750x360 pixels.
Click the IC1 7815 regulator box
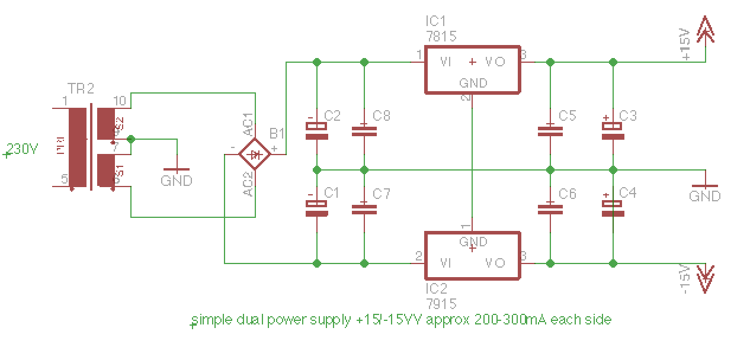coord(472,69)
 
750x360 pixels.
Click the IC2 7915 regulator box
coord(472,255)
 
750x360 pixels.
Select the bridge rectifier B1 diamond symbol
coord(255,154)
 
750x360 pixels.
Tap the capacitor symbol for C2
coord(317,130)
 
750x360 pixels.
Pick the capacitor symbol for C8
coord(364,130)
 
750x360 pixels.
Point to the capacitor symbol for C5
coord(550,130)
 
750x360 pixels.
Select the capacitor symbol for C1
coord(317,208)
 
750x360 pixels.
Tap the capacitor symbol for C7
coord(364,208)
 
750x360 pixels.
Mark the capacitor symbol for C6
coord(550,208)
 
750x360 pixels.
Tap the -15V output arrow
coord(706,278)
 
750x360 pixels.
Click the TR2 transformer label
coord(81,89)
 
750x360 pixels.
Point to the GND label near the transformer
coord(177,181)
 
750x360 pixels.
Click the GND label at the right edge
coord(705,196)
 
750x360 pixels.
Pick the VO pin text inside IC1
coord(495,62)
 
